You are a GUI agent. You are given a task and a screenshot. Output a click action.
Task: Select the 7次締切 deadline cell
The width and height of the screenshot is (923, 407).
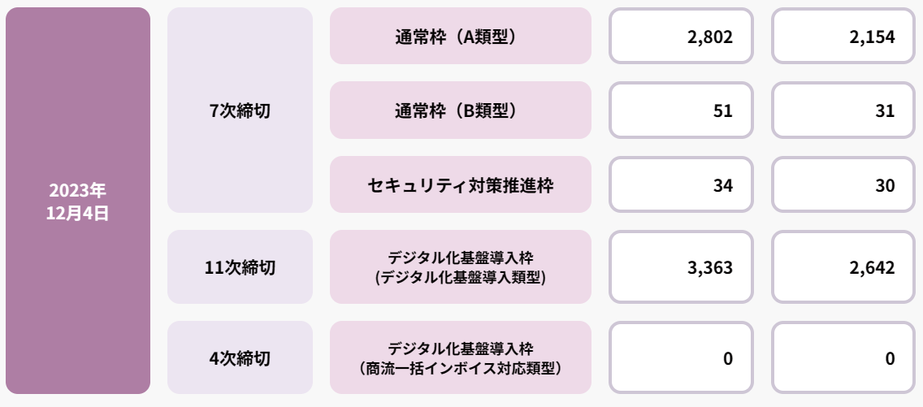(x=240, y=110)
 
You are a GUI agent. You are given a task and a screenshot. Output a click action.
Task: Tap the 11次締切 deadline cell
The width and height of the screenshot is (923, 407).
(x=240, y=267)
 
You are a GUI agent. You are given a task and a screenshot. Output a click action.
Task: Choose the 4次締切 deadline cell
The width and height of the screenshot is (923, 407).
(x=240, y=357)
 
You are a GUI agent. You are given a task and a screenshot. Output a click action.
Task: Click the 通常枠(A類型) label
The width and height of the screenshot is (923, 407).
(x=460, y=36)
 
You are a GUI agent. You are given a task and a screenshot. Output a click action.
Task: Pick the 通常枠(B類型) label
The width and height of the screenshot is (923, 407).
(x=460, y=110)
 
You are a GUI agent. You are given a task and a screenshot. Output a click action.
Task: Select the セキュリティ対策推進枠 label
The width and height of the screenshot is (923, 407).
(x=460, y=185)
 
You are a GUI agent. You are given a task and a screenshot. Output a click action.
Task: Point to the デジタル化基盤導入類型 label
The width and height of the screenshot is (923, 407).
(x=460, y=267)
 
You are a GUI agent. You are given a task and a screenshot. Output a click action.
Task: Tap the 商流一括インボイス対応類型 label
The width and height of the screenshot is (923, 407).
(x=460, y=357)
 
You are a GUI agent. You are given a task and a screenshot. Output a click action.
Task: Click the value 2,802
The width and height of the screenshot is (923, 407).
(x=709, y=37)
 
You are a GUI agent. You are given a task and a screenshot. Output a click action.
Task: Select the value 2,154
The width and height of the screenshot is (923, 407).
(x=872, y=37)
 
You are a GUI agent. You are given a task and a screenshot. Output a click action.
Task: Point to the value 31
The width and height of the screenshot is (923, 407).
(x=885, y=111)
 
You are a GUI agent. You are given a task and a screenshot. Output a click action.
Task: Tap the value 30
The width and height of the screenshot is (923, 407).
(x=885, y=186)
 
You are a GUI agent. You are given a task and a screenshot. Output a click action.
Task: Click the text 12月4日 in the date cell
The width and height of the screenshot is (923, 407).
(x=77, y=214)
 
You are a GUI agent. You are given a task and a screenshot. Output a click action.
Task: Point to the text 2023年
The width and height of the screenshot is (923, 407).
(x=77, y=192)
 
